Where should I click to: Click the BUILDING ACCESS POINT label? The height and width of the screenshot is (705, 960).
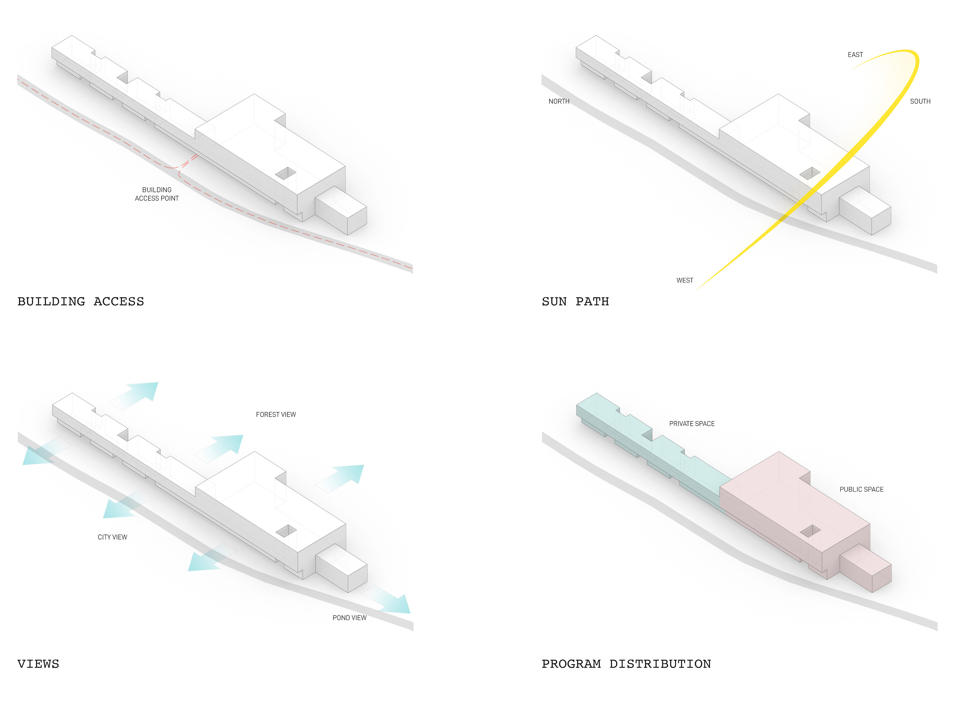156,194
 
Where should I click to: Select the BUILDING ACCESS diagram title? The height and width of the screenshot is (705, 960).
81,301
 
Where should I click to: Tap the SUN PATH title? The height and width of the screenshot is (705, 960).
575,301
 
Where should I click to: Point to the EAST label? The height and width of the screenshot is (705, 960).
855,55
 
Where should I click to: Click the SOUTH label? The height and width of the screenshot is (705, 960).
920,101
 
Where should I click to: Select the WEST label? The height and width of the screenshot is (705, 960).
684,280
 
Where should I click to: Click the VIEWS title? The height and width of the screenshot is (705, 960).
38,664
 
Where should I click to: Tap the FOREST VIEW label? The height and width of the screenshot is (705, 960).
276,414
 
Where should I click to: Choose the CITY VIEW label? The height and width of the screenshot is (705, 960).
112,537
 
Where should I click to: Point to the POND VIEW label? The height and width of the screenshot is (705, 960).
349,617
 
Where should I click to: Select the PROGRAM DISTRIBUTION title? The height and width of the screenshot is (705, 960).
626,664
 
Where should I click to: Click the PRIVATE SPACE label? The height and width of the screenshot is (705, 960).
691,423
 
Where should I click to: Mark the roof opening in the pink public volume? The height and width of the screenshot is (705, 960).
810,531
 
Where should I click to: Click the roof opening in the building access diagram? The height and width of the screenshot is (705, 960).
286,173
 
